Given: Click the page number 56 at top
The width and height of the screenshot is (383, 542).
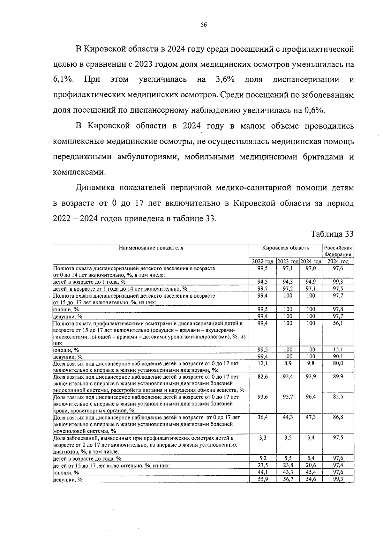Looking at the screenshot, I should pos(204,26).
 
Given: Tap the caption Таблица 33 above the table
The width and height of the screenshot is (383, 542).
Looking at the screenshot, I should pos(332,234).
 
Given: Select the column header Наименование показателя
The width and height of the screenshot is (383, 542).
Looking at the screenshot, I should pos(151,248).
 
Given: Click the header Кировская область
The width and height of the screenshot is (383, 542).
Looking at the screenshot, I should pos(285,248).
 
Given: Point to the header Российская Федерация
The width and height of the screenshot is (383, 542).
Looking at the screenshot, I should pos(338,251).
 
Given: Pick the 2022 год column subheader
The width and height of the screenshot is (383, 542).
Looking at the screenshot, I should pos(262,262).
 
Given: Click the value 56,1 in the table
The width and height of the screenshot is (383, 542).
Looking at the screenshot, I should pos(338,323).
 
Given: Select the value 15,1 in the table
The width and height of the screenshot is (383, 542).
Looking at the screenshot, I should pos(338,350).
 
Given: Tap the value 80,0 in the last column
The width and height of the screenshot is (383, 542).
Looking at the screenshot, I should pos(338,363).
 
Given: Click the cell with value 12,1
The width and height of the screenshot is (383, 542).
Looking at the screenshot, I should pos(262,363).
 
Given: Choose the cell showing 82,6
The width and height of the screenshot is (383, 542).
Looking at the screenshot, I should pos(262,377).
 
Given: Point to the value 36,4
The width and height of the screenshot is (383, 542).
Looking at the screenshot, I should pos(262,417).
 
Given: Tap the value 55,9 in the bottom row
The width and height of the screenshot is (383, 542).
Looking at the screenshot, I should pos(262,479).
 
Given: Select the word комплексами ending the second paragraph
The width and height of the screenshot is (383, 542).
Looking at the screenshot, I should pos(79,173).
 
